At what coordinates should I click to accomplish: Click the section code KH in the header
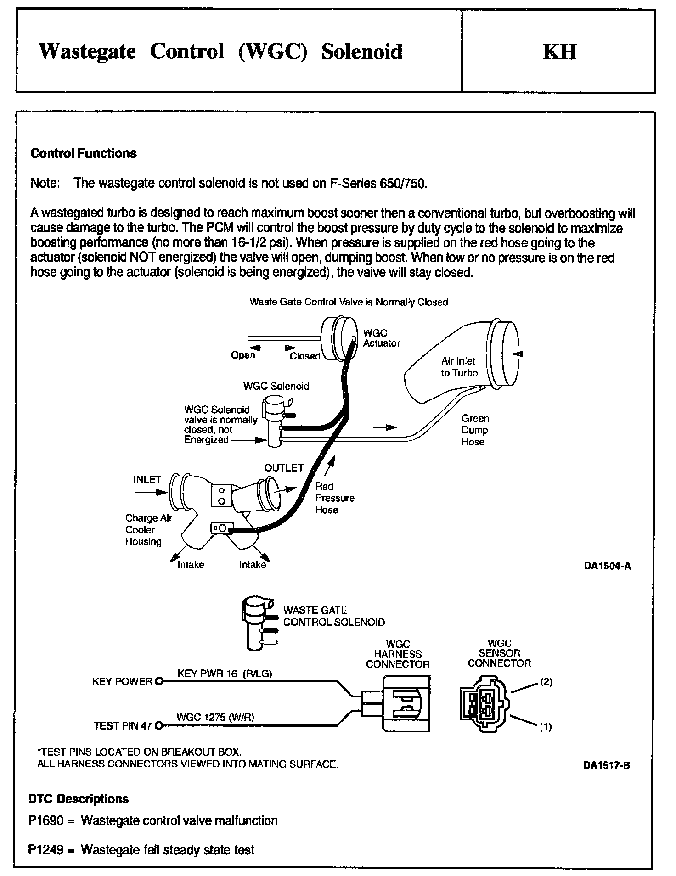click(559, 52)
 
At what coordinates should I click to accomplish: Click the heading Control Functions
click(84, 153)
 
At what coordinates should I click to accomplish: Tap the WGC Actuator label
click(381, 338)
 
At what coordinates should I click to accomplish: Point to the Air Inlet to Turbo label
click(459, 367)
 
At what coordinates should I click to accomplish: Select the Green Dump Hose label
click(475, 430)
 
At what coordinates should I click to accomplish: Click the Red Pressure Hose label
click(334, 498)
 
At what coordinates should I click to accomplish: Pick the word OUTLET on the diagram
click(284, 468)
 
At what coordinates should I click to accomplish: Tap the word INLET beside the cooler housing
click(147, 480)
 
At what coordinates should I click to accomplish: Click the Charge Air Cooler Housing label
click(148, 530)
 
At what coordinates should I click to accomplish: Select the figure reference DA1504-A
click(607, 566)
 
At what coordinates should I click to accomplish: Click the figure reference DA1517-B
click(606, 765)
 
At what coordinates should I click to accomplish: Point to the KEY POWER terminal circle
click(159, 681)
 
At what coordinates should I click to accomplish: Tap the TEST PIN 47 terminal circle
click(159, 726)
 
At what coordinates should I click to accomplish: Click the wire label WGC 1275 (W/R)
click(215, 717)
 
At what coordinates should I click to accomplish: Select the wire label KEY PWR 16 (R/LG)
click(225, 674)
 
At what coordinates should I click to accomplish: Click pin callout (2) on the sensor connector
click(546, 682)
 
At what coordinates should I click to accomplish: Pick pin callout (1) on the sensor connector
click(546, 727)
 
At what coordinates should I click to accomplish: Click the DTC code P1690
click(45, 820)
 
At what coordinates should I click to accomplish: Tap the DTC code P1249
click(45, 850)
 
